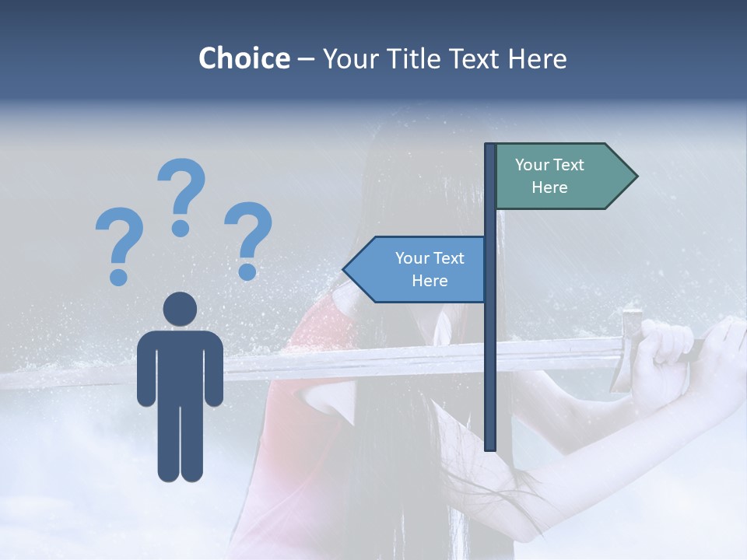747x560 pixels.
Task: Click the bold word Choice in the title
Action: pos(244,58)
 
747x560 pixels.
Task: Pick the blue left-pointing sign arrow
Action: pos(416,270)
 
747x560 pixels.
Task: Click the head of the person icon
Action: pos(180,309)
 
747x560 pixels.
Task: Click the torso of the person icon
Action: pos(180,366)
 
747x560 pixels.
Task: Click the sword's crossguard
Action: pos(629,350)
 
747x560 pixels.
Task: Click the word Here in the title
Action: pos(537,58)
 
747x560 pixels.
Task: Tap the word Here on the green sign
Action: pos(549,187)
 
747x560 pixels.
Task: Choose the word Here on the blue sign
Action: pos(430,281)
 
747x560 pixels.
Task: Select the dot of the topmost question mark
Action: pos(181,228)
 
